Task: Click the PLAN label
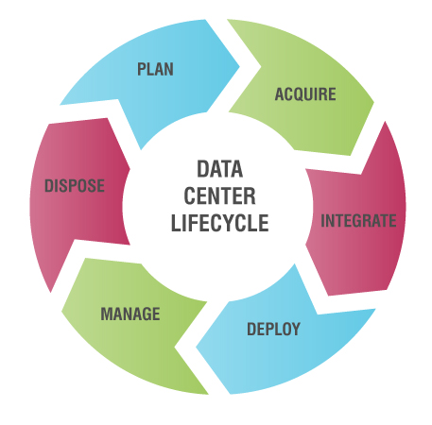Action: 155,69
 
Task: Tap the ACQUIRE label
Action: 305,94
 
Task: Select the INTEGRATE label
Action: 358,220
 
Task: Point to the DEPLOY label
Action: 273,329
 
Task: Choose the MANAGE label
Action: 130,314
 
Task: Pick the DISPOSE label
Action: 75,185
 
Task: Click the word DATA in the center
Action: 220,169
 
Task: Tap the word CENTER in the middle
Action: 219,195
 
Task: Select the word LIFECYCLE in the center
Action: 219,223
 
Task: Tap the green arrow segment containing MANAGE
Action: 132,318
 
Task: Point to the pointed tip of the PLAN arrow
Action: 239,66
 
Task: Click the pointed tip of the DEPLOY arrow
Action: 197,348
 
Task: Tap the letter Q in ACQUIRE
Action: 300,95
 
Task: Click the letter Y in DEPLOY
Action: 296,329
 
